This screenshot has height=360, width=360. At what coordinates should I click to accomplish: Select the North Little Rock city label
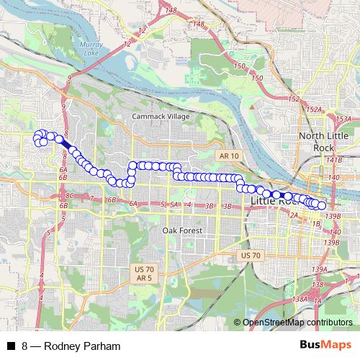pyautogui.click(x=320, y=142)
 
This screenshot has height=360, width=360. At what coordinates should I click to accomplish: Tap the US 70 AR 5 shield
pyautogui.click(x=143, y=273)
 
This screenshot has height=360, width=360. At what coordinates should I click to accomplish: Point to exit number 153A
pyautogui.click(x=343, y=119)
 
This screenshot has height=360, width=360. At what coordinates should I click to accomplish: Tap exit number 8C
pyautogui.click(x=70, y=195)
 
